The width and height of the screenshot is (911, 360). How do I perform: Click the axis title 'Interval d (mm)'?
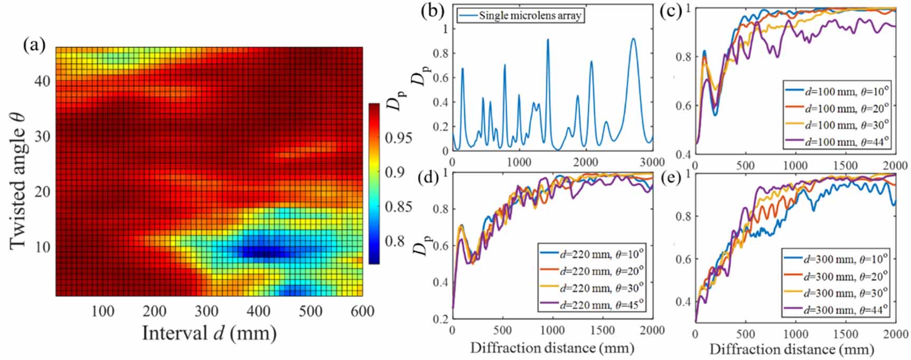click(209, 333)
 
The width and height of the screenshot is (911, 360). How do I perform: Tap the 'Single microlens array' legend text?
click(530, 15)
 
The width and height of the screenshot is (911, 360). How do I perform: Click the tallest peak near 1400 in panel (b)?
click(548, 40)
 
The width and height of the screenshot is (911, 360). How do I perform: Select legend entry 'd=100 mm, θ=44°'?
click(847, 141)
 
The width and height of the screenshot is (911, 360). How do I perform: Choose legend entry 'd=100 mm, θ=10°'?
click(847, 91)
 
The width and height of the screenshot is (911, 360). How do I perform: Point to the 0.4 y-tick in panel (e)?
click(683, 302)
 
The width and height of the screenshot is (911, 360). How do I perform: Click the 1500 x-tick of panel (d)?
click(602, 330)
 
